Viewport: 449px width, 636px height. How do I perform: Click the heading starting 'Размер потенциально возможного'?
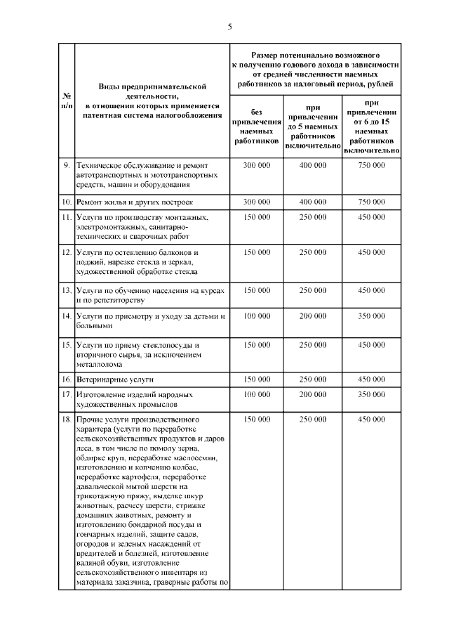point(315,69)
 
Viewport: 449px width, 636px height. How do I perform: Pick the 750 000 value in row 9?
point(371,165)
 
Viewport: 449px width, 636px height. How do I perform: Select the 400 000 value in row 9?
point(312,165)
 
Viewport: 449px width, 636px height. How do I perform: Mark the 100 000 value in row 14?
point(256,316)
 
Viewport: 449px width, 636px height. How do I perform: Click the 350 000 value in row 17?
point(371,395)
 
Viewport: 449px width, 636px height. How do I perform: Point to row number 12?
point(65,252)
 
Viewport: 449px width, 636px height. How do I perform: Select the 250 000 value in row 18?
point(312,420)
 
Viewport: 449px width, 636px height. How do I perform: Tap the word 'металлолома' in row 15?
point(100,365)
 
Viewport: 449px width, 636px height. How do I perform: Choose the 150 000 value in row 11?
point(256,217)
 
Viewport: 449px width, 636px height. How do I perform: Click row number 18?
point(65,420)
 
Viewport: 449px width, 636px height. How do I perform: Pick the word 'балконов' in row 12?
point(178,252)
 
